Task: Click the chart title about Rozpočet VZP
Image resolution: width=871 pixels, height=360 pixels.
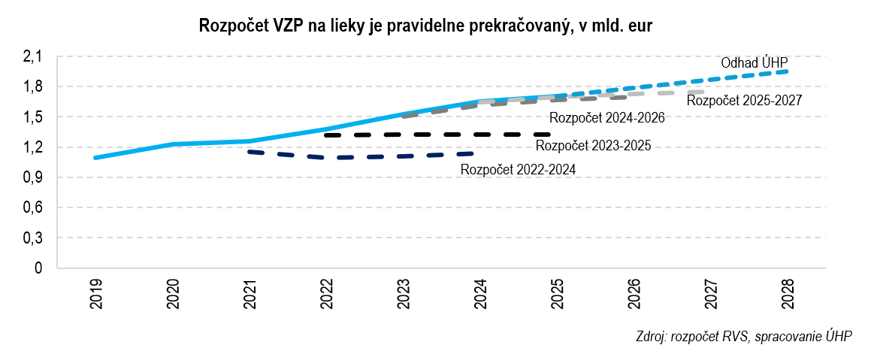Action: point(425,26)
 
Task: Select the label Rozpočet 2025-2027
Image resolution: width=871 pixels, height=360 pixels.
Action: point(745,100)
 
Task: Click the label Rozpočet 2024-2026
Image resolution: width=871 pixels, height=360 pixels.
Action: point(607,118)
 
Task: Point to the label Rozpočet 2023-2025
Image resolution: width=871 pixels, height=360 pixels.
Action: point(593,146)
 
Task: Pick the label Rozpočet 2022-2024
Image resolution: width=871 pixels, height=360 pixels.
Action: point(519,170)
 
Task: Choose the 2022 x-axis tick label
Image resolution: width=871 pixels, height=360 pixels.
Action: point(327,296)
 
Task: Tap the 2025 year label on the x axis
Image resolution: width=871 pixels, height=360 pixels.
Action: point(557,296)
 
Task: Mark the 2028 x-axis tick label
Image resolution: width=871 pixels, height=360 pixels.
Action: point(787,296)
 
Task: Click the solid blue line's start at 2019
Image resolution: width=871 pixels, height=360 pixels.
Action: point(95,158)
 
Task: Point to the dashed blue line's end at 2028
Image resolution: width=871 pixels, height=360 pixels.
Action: point(786,71)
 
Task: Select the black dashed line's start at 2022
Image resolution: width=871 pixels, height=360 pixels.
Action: point(327,135)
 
